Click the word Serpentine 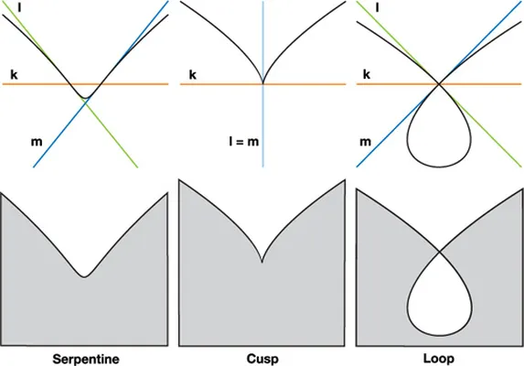tap(86, 359)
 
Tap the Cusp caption tap(262, 359)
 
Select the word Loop tap(439, 359)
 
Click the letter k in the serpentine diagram tap(14, 74)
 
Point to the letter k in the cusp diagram tap(192, 74)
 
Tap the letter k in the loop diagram tap(367, 74)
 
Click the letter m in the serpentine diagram tap(37, 142)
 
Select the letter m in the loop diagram tap(365, 142)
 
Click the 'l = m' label tap(244, 141)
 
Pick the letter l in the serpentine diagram tap(19, 7)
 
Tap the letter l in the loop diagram tap(378, 7)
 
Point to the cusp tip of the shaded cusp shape tap(262, 262)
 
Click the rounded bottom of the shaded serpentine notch tap(84, 276)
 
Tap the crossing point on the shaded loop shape tap(439, 251)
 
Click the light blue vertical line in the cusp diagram tap(263, 83)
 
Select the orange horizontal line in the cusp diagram tap(263, 84)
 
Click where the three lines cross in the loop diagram tap(439, 84)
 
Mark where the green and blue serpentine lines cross tap(86, 102)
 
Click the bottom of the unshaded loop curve tap(439, 167)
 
